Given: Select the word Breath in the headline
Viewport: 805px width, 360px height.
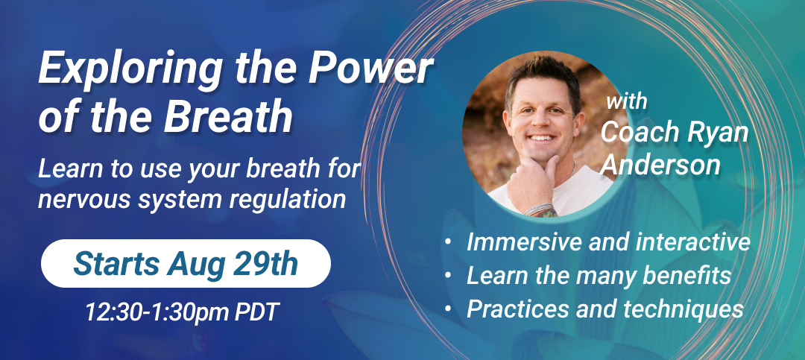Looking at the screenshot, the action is (x=228, y=118).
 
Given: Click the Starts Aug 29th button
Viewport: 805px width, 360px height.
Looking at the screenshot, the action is (x=186, y=263).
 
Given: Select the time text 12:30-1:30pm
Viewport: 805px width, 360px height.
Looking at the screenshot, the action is (x=157, y=312).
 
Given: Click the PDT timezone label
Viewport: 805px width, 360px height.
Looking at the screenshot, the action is (x=256, y=312).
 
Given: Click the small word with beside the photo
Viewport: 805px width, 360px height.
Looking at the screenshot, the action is (x=626, y=101).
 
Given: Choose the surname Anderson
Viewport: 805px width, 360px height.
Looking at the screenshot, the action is (x=661, y=165).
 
